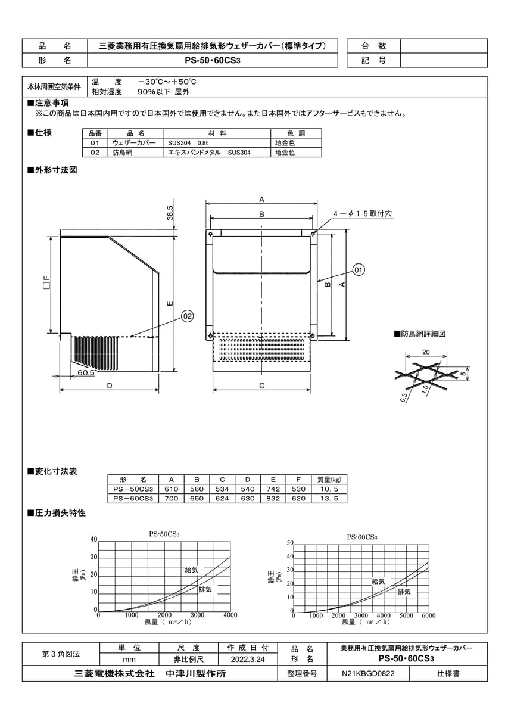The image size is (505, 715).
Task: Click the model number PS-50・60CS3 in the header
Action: coord(213,60)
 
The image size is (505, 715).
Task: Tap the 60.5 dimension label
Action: coord(86,373)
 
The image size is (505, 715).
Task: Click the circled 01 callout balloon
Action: coord(359,270)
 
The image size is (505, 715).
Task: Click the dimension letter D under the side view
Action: coord(110,386)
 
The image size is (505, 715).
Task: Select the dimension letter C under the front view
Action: coord(261,386)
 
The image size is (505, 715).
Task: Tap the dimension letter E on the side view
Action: coord(170,304)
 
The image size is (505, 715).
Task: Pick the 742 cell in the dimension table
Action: coord(274,489)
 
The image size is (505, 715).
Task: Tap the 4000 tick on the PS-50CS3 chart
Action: coord(230,615)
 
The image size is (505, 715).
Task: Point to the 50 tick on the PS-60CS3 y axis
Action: coord(289,543)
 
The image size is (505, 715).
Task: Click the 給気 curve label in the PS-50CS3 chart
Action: coord(192,570)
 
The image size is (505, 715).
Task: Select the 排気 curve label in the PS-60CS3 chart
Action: coord(404,592)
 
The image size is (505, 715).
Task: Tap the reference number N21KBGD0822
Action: coord(367,674)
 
